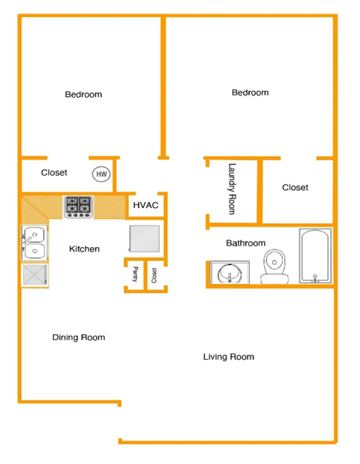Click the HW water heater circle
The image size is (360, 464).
[101, 174]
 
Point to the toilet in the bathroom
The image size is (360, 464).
[274, 267]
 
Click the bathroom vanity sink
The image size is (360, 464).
[226, 273]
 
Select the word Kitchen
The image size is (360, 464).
[84, 249]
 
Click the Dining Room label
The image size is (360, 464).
[79, 337]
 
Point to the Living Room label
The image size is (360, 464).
[229, 357]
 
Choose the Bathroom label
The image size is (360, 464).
[246, 243]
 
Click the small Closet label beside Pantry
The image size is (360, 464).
[153, 276]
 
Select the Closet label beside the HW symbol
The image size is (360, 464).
[54, 173]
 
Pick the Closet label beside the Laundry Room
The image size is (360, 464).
[295, 188]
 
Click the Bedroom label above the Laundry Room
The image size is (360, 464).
[250, 92]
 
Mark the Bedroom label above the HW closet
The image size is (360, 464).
[83, 95]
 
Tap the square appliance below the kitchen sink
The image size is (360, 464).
[34, 275]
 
